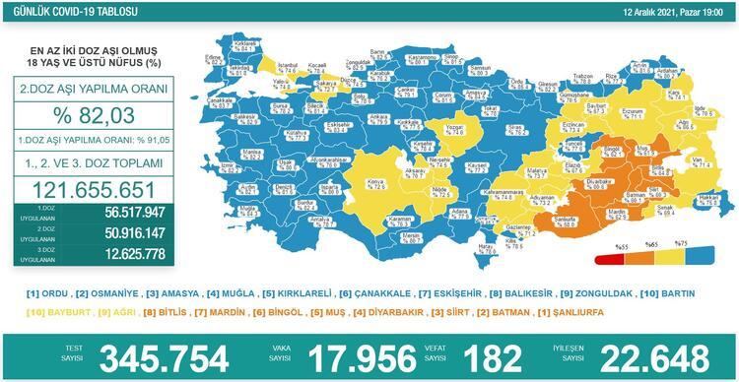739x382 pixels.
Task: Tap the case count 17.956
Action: click(369, 355)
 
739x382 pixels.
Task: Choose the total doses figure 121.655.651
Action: click(96, 190)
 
